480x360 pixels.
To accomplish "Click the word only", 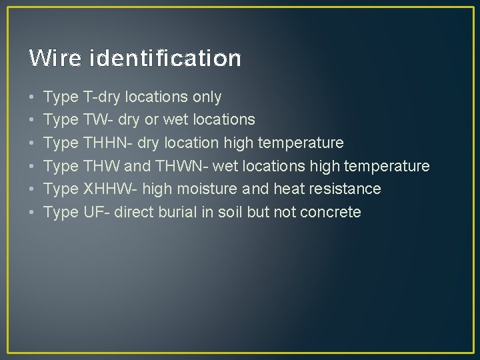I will (207, 97).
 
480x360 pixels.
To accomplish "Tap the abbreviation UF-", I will (97, 212).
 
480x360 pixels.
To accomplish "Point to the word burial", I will (179, 212).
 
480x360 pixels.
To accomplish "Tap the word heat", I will (289, 189).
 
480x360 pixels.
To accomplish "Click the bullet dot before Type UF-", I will (32, 213).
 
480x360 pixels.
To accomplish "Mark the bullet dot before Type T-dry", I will (32, 98).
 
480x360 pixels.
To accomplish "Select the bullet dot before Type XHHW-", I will (32, 189).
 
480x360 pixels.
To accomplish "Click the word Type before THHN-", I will (61, 143).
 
